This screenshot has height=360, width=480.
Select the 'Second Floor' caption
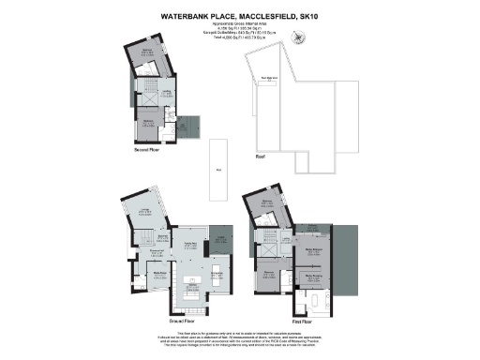click(x=152, y=148)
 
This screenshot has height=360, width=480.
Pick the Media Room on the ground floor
click(x=146, y=274)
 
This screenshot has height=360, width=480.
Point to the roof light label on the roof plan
click(x=268, y=81)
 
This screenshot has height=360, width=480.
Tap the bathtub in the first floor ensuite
click(x=319, y=301)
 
